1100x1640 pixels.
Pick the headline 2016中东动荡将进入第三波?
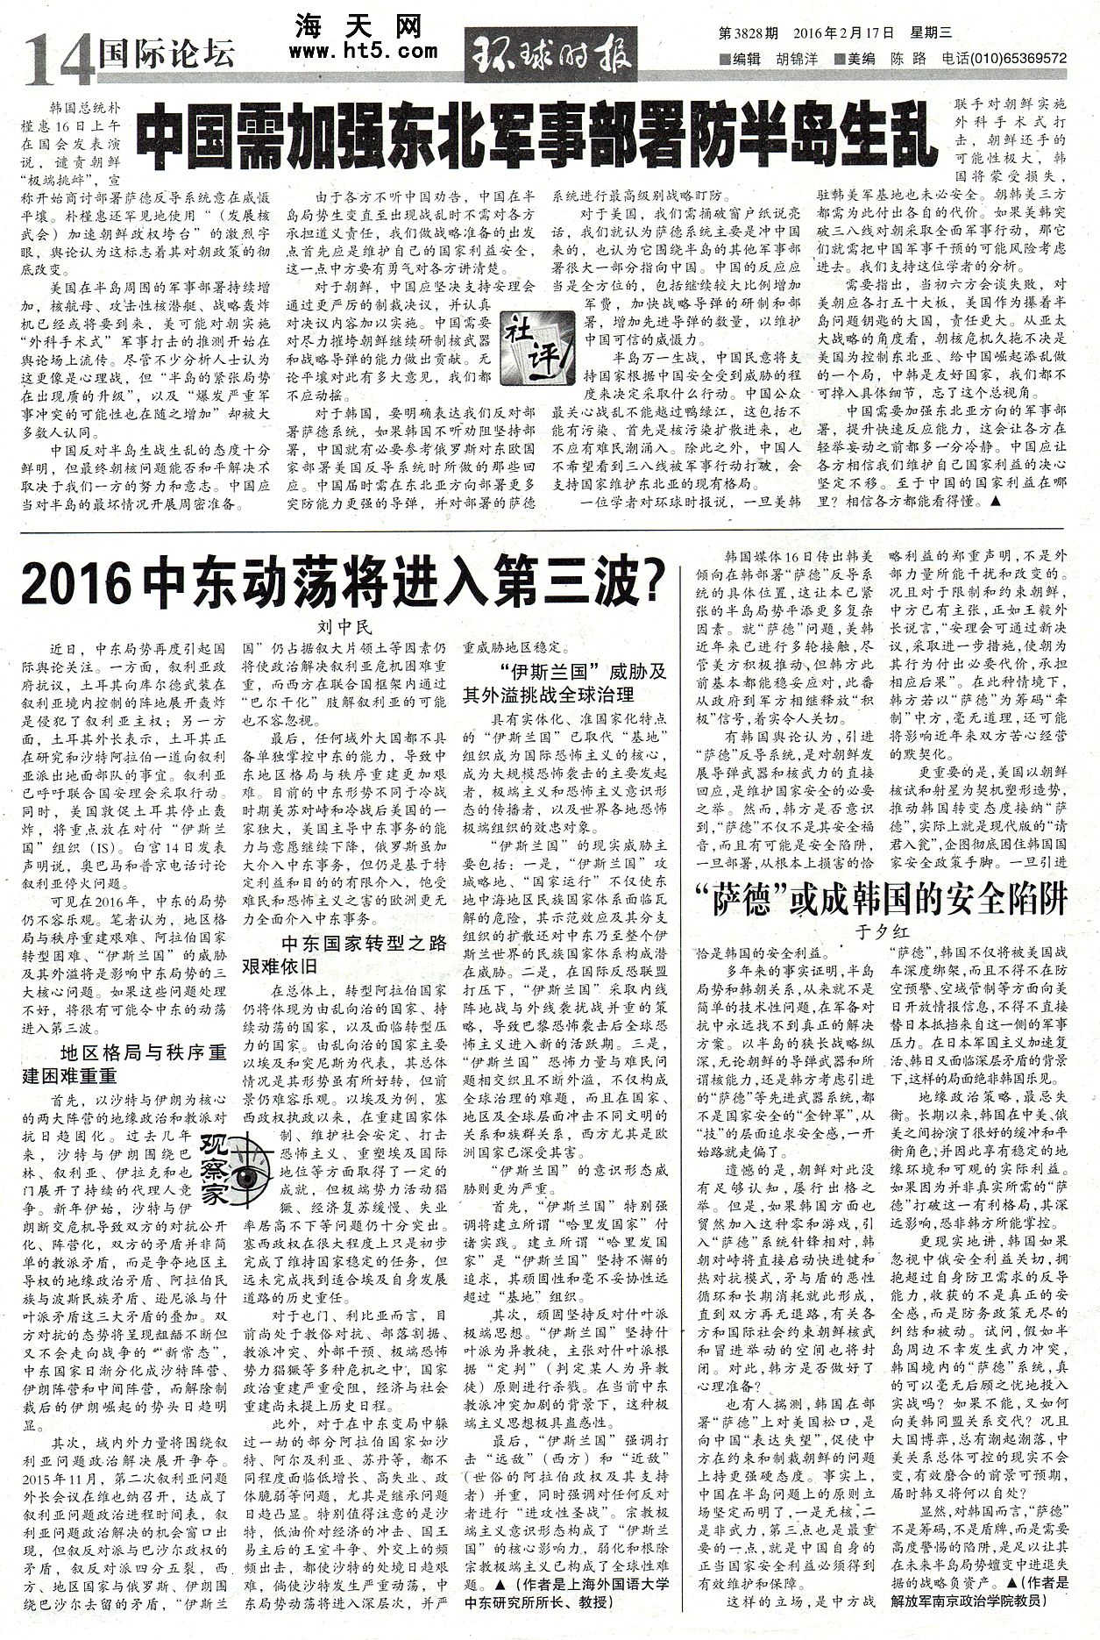point(343,581)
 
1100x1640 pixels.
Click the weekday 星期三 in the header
point(931,34)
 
